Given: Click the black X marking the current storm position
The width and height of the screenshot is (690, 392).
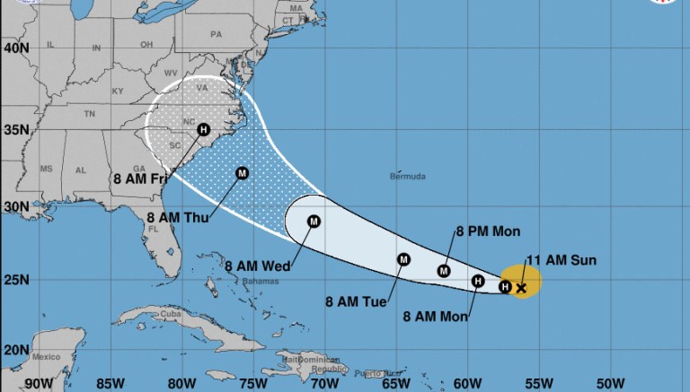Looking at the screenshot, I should tap(521, 288).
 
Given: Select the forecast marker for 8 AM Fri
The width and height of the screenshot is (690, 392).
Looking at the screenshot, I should tap(203, 130).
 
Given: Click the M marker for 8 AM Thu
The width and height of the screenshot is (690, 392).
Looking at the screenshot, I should tap(242, 173).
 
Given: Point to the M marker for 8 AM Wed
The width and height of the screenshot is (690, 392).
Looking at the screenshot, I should tap(314, 222).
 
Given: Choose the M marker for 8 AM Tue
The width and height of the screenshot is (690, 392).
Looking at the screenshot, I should tap(403, 260).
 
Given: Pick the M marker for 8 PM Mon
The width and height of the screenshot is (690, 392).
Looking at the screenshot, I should tap(444, 271).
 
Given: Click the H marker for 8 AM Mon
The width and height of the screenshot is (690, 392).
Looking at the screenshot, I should tap(478, 281).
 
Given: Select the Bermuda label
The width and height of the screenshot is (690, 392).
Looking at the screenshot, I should tap(407, 177).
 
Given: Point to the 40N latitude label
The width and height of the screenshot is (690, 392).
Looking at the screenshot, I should tap(17, 47).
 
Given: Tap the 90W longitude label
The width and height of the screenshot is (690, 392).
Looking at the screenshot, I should tap(41, 383).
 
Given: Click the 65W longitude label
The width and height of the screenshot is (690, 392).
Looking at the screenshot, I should tap(395, 383).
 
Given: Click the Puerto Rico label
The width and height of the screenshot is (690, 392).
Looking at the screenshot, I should tap(367, 373).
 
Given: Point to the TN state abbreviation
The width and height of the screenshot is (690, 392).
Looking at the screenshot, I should tap(89, 115).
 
